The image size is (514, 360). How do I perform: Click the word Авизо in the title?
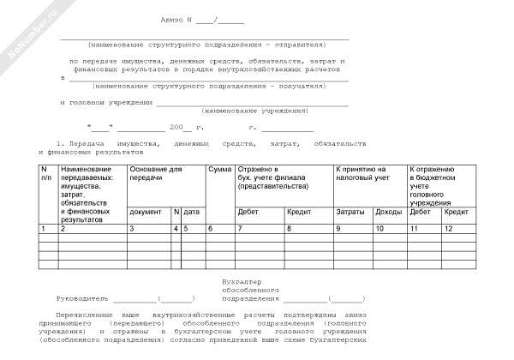pyautogui.click(x=174, y=19)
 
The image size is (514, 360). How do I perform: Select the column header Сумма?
pyautogui.click(x=219, y=170)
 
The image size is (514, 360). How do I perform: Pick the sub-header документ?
pyautogui.click(x=145, y=211)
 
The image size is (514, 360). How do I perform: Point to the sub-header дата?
pyautogui.click(x=191, y=211)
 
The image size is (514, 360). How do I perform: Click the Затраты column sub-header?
pyautogui.click(x=350, y=211)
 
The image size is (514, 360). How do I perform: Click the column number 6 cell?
pyautogui.click(x=211, y=229)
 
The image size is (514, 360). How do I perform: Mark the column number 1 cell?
pyautogui.click(x=43, y=229)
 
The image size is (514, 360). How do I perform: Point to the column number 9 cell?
pyautogui.click(x=338, y=229)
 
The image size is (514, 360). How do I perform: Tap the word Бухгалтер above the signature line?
pyautogui.click(x=241, y=282)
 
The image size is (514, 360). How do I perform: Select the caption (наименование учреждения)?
pyautogui.click(x=254, y=111)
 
